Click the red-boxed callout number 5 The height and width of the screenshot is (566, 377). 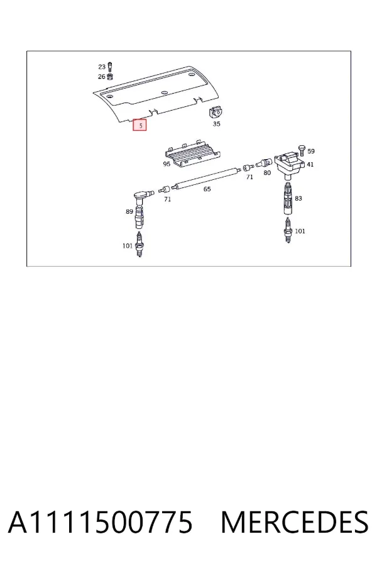click(x=139, y=125)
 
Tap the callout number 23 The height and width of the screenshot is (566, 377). click(x=102, y=67)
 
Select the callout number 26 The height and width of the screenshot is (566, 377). click(x=102, y=77)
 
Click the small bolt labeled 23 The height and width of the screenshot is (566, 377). click(x=110, y=67)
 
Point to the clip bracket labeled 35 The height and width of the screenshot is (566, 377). click(x=216, y=113)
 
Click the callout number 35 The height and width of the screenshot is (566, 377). click(x=216, y=124)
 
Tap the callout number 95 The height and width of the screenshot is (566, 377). click(x=167, y=164)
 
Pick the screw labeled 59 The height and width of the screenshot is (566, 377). click(x=302, y=150)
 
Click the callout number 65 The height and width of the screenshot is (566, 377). click(x=207, y=189)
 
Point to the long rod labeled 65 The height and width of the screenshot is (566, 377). click(x=206, y=178)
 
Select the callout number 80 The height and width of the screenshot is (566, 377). click(x=267, y=172)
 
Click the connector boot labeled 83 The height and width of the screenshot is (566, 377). click(x=288, y=198)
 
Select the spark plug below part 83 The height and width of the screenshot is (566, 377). click(x=288, y=230)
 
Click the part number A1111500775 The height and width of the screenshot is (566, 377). click(x=101, y=523)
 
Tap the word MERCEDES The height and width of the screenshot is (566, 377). click(x=295, y=523)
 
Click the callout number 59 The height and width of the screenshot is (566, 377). click(x=311, y=151)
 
